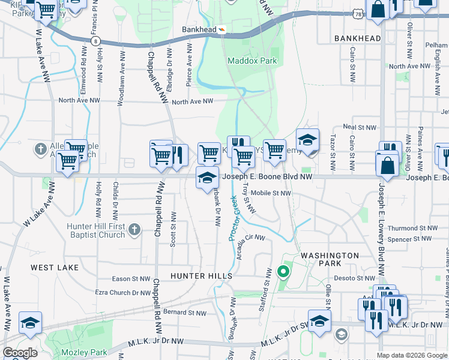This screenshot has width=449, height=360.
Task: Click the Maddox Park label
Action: point(252,61)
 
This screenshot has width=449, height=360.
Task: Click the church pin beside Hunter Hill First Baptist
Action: point(134,229)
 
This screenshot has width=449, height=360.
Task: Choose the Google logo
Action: point(20,353)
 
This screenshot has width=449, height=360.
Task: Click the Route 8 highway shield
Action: point(96,40)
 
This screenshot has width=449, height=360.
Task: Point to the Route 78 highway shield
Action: point(358,13)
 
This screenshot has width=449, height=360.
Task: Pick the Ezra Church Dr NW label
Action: point(123,293)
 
